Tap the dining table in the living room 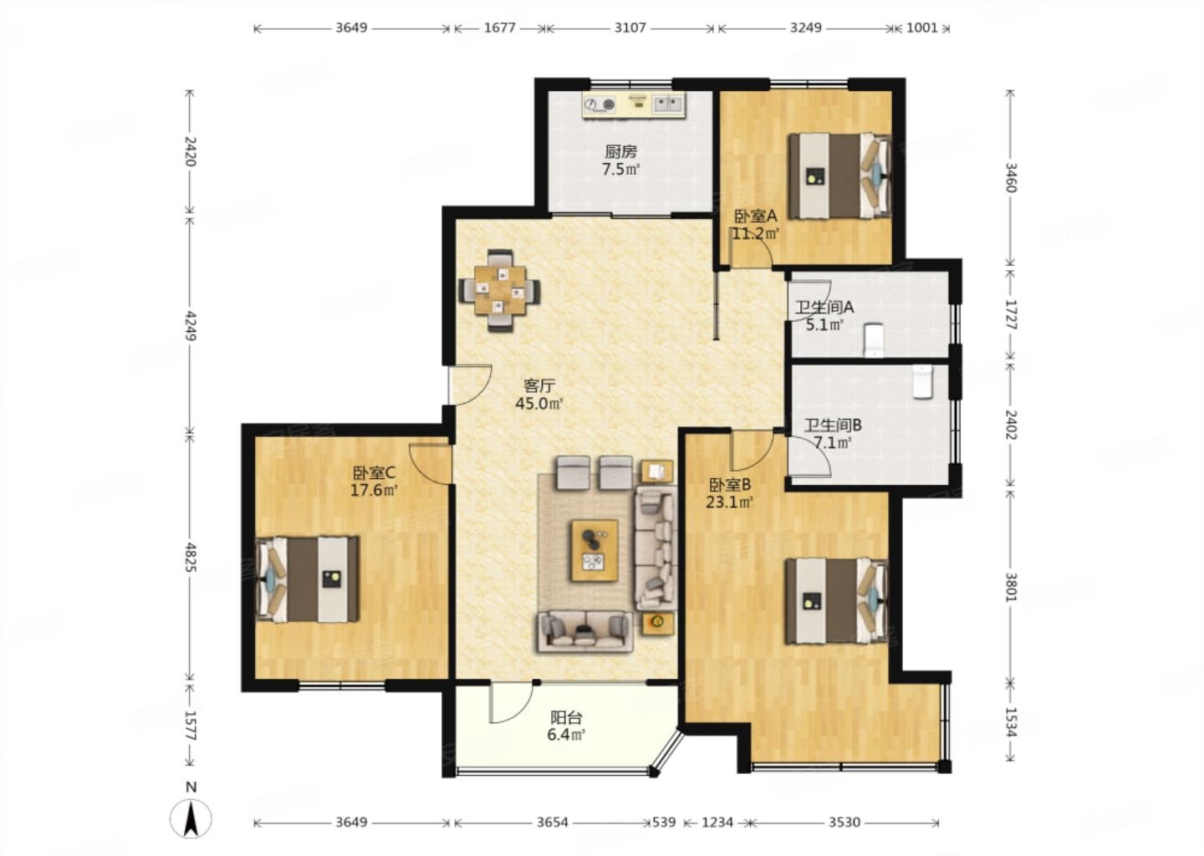click(500, 291)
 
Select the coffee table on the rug click(594, 550)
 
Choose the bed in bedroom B click(837, 601)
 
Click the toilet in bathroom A click(875, 340)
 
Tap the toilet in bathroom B click(923, 381)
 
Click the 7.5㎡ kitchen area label click(620, 170)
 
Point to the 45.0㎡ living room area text click(539, 404)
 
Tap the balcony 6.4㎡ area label click(566, 735)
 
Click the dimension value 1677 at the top click(500, 28)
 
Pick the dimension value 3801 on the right click(1011, 587)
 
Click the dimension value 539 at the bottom click(664, 823)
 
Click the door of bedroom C click(429, 464)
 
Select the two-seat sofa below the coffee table click(584, 632)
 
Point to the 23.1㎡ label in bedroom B click(729, 502)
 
